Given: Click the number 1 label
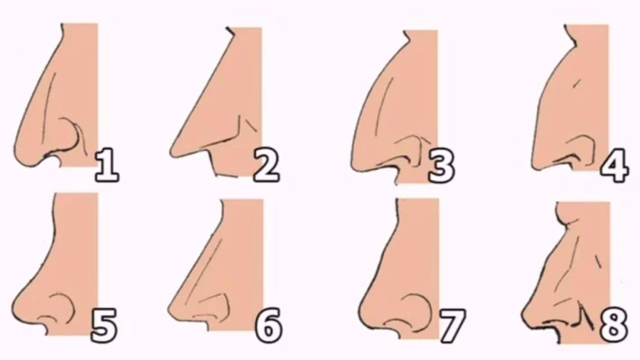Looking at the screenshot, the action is (107, 164).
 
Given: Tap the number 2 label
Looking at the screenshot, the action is (267, 164).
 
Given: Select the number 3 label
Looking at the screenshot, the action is (442, 164).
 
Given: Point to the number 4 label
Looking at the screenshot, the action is (613, 164).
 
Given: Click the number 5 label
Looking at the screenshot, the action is (103, 325).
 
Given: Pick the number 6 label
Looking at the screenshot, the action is (269, 325).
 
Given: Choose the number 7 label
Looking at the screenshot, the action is (453, 325).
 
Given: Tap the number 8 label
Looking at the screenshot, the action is (613, 325).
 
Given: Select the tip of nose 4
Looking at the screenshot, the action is (533, 163).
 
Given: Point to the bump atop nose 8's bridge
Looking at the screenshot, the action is (564, 219).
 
